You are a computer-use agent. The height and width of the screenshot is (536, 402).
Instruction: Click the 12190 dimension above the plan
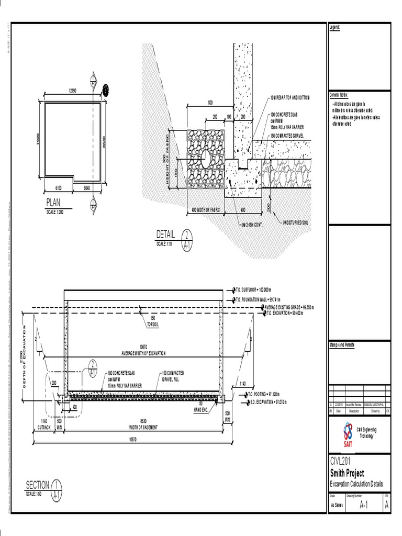point(72,91)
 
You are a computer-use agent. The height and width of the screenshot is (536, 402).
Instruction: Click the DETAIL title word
point(165,233)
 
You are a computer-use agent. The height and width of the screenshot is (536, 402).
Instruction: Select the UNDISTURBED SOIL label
point(297,222)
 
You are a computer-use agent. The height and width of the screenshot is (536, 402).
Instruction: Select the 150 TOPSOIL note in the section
point(153,321)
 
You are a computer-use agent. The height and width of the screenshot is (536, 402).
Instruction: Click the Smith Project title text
point(347,473)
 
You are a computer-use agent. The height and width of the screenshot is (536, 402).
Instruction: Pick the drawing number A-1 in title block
point(364,505)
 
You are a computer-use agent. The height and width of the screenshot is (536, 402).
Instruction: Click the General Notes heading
point(339,95)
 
